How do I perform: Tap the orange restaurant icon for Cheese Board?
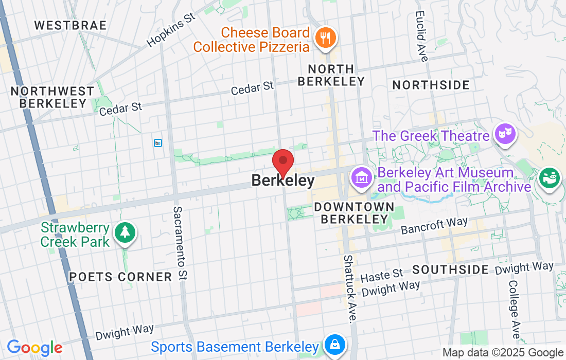[325, 39]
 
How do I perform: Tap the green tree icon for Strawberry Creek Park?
[125, 232]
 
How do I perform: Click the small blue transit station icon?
[158, 142]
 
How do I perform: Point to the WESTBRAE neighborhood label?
[70, 25]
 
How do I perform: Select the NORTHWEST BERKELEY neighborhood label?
[52, 97]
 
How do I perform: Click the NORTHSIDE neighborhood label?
[431, 85]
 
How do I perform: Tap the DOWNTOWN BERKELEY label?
[354, 213]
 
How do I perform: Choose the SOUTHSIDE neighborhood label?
[451, 269]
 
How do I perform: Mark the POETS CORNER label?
[121, 277]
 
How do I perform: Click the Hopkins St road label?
[171, 30]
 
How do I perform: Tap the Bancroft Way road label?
[434, 225]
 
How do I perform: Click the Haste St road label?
[382, 277]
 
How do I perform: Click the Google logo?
[34, 348]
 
